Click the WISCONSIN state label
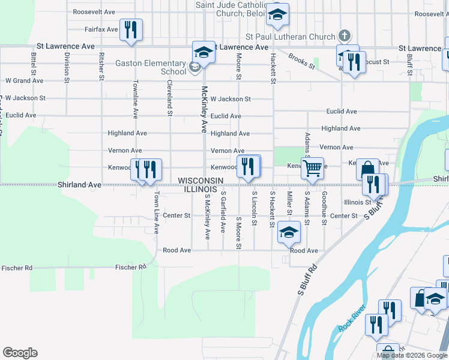click(200, 181)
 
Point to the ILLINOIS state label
click(200, 189)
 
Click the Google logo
click(20, 353)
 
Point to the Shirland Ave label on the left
click(79, 185)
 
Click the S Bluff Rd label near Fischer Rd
click(307, 281)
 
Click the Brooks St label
click(301, 61)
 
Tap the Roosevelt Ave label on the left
click(94, 12)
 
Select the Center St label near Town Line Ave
click(176, 215)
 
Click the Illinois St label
click(358, 202)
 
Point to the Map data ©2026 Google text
click(412, 355)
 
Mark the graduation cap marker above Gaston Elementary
click(203, 52)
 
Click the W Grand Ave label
click(25, 80)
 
